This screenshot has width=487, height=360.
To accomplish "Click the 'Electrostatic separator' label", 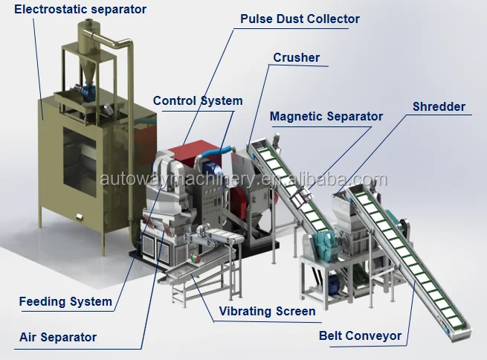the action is [80, 10].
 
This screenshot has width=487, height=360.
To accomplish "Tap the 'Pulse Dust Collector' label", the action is [300, 19].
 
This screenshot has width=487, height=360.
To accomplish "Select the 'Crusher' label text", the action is [296, 57].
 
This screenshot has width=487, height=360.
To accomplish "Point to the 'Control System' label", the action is [198, 100].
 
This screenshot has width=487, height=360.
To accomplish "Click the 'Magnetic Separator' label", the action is [326, 116].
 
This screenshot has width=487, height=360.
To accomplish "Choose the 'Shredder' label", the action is [439, 106].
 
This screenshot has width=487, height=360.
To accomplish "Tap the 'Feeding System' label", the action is [65, 301].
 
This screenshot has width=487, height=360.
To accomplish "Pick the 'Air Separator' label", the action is [58, 337].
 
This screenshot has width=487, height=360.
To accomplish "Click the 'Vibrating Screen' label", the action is [267, 311].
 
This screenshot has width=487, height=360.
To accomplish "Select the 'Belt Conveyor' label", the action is [360, 335].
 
